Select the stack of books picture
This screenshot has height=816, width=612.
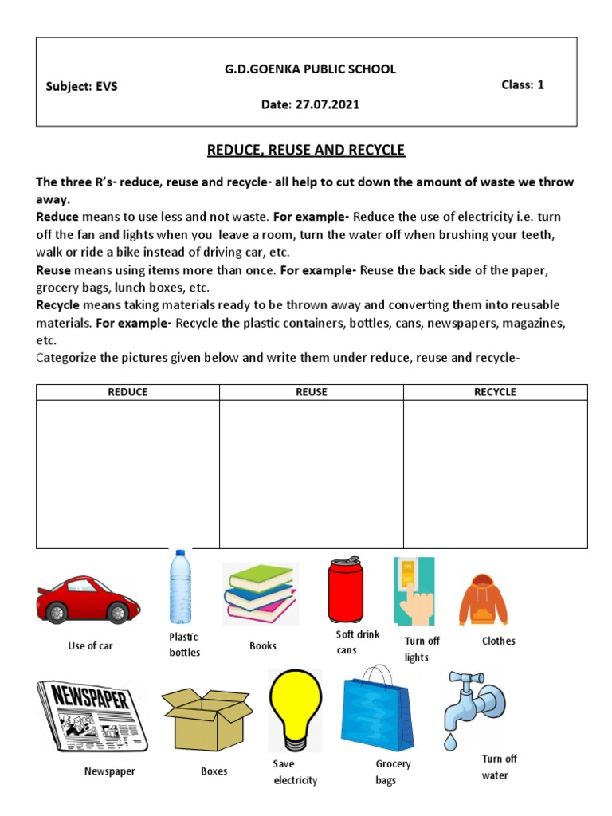[x=260, y=593]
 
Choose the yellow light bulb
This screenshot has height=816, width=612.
[x=295, y=708]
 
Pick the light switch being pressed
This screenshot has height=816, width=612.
[x=414, y=590]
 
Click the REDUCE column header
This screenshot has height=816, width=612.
[x=127, y=392]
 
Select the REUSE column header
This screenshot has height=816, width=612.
[x=311, y=392]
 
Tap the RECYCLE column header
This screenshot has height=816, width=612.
[x=495, y=392]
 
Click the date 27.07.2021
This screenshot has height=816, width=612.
[x=310, y=105]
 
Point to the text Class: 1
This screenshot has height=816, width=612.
[x=522, y=84]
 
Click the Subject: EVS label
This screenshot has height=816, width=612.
[x=81, y=87]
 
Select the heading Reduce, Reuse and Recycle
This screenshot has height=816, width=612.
[x=306, y=150]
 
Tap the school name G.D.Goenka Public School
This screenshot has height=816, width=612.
[x=309, y=69]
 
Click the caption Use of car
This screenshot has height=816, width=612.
[x=90, y=646]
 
